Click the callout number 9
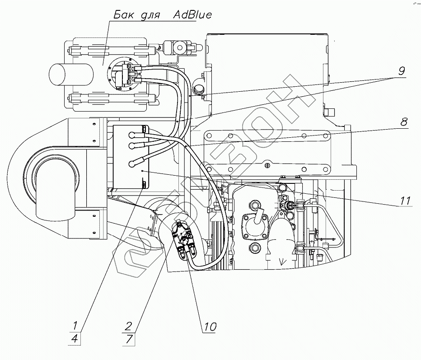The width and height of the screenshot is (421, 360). click(x=401, y=71)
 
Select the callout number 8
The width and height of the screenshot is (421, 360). click(x=403, y=122)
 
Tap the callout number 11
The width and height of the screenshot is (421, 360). click(x=405, y=201)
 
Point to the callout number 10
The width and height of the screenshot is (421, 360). click(x=210, y=327)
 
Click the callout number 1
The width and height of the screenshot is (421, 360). click(x=75, y=326)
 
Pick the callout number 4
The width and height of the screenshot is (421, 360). click(x=75, y=339)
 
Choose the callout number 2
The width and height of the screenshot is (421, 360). click(x=128, y=326)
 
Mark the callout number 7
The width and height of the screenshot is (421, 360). click(x=129, y=339)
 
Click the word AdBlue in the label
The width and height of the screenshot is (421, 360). click(x=192, y=14)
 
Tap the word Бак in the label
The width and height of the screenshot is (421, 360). click(x=123, y=14)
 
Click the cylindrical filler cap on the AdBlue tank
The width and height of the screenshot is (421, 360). click(x=71, y=75)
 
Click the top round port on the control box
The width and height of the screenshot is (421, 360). click(x=132, y=136)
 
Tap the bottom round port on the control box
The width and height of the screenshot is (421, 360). click(x=132, y=164)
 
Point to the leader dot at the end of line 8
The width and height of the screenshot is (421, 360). click(x=186, y=145)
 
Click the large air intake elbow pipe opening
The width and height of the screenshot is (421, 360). click(x=55, y=191)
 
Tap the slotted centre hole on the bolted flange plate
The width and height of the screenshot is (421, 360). click(x=267, y=165)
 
